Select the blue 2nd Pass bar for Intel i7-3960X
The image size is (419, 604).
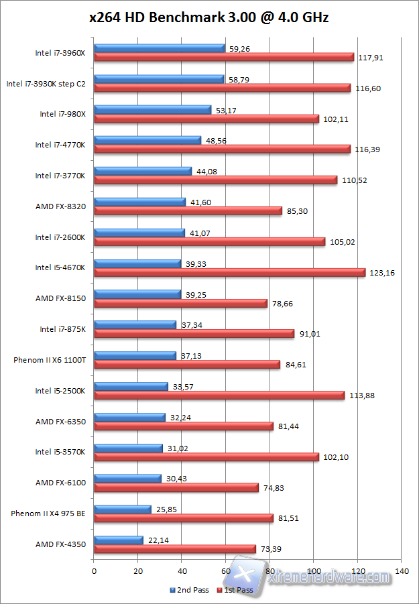click(x=160, y=48)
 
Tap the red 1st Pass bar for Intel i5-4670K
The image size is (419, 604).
click(x=229, y=272)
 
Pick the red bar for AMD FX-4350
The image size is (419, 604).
click(x=175, y=549)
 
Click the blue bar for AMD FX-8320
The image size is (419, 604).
click(x=140, y=202)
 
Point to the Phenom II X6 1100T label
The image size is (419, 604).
click(x=50, y=360)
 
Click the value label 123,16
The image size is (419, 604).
click(x=381, y=273)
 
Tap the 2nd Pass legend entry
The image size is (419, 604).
click(x=190, y=590)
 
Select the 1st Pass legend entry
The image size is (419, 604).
click(x=235, y=590)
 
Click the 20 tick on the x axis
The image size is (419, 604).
click(x=138, y=571)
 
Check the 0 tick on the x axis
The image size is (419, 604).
click(x=95, y=571)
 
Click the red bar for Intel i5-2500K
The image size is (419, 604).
click(x=219, y=396)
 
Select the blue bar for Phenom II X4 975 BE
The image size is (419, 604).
click(x=123, y=509)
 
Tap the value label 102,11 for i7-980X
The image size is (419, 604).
click(x=336, y=119)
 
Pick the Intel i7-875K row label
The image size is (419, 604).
click(x=62, y=329)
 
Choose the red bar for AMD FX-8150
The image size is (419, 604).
click(x=181, y=303)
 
